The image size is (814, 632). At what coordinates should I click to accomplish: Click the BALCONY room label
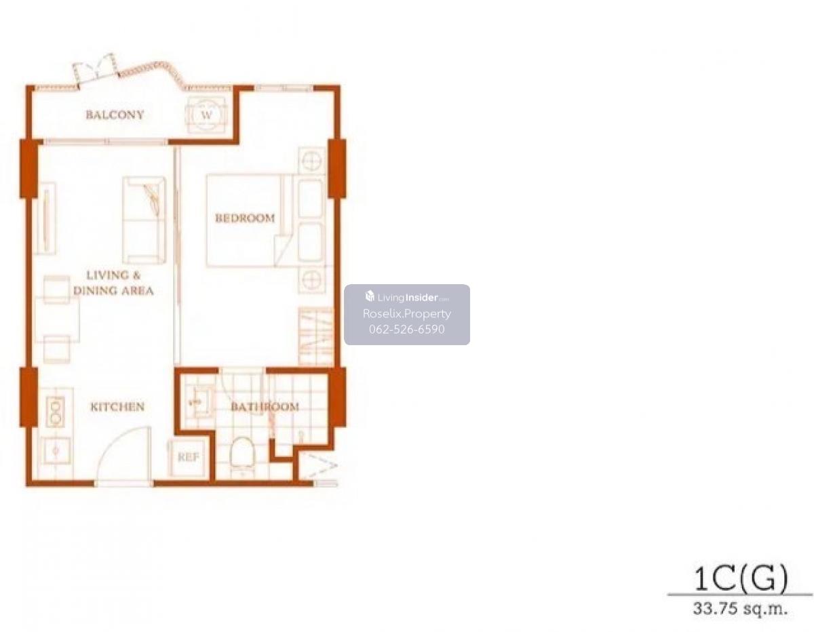coord(115,115)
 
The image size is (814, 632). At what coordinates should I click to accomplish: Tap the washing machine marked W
coord(207,115)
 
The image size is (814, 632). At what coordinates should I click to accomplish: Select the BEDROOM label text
coord(245,218)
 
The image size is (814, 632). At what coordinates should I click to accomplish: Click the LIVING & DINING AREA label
coord(113,283)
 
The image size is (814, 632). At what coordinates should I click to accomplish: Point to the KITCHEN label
coord(117,407)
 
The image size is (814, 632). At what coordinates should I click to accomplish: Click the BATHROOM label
coord(265,407)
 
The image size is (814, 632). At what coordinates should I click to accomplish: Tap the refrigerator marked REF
coord(188,458)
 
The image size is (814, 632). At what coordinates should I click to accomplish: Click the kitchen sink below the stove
coord(56,451)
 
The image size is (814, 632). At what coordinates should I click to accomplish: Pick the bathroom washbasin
coord(199,403)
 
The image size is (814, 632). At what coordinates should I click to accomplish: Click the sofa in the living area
coord(144,220)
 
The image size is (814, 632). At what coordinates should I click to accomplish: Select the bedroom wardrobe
coord(316,336)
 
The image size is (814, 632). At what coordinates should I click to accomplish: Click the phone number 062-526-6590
coord(407,329)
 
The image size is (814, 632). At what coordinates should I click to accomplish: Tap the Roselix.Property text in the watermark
coord(407,313)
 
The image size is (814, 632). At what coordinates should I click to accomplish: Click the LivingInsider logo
coord(407,297)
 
